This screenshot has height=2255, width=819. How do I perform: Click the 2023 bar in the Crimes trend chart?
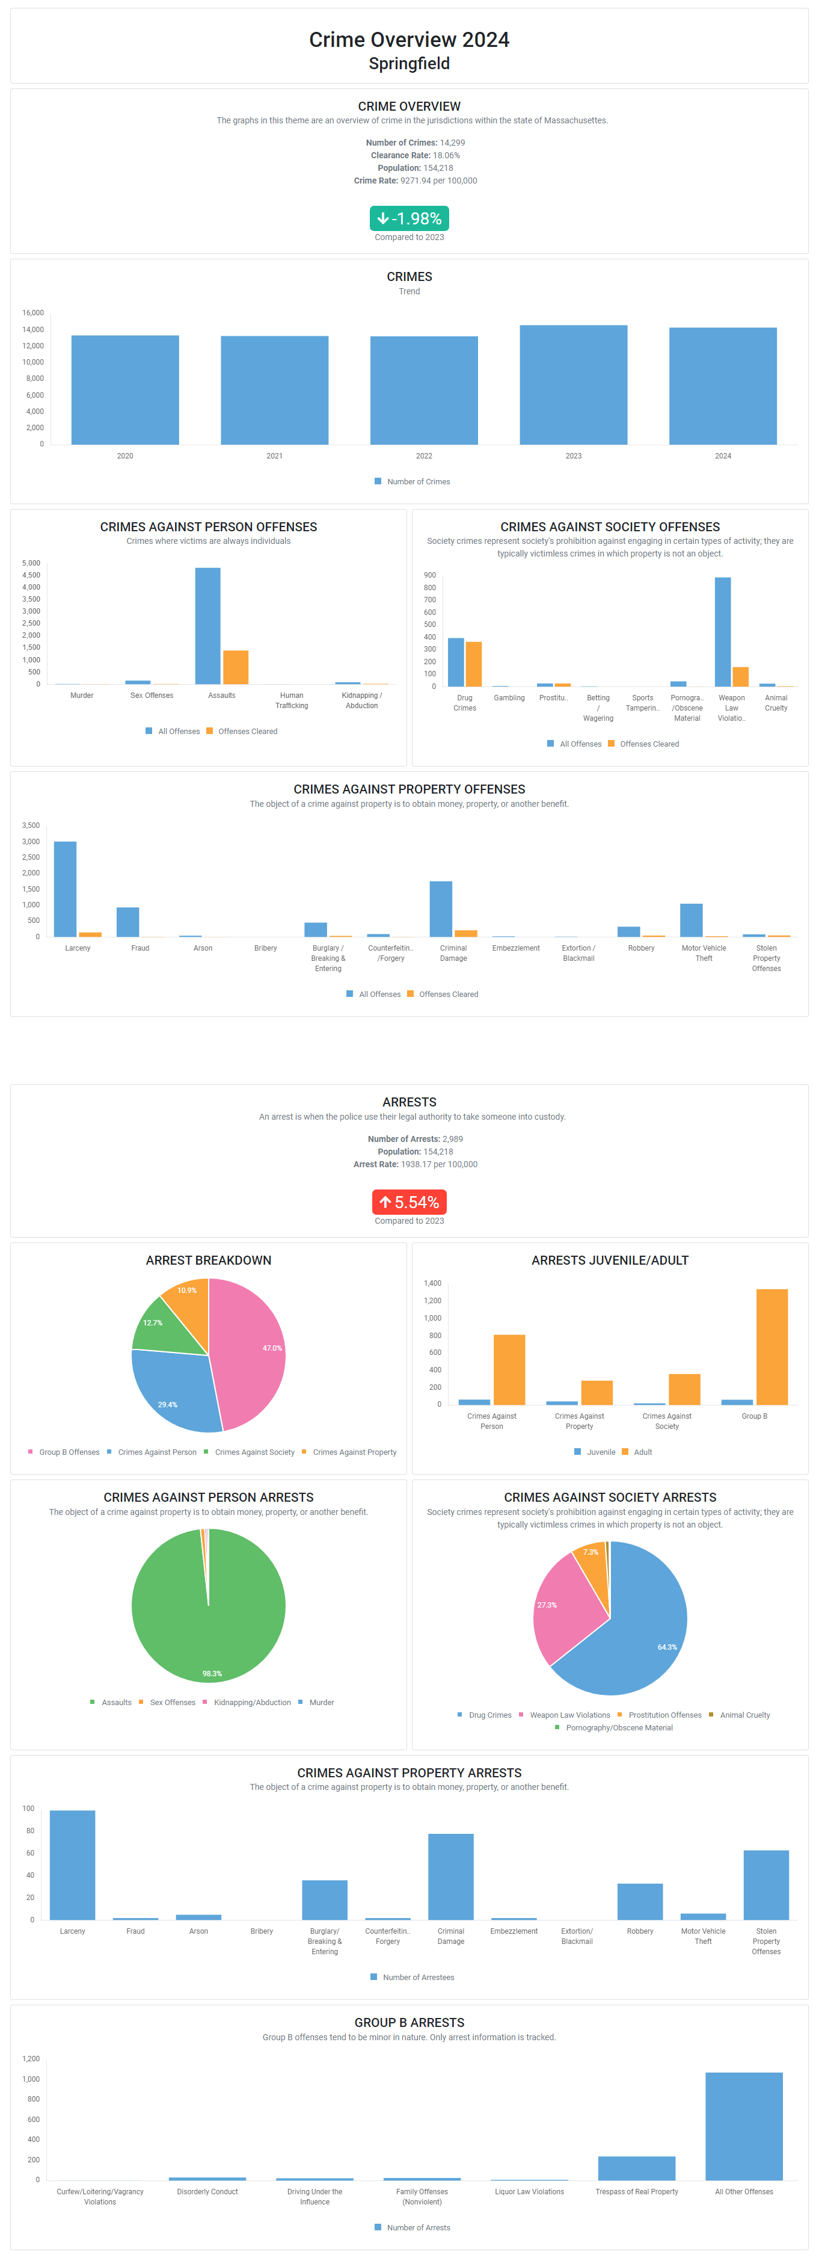click(573, 385)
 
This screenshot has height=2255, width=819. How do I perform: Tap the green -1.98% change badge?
click(409, 218)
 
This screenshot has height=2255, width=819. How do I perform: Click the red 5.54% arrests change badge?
click(409, 1202)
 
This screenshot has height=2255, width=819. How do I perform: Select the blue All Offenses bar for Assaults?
click(207, 626)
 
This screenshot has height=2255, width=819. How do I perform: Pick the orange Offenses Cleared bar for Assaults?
click(235, 667)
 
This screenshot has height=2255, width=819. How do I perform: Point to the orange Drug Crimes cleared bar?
click(473, 664)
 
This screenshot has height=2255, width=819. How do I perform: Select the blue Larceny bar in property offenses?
click(65, 889)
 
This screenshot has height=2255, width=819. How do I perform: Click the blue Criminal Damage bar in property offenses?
click(440, 908)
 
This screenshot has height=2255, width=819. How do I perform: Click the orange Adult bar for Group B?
click(771, 1347)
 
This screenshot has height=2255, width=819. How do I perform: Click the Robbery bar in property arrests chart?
click(640, 1901)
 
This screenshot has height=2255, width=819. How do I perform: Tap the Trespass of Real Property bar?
click(636, 2168)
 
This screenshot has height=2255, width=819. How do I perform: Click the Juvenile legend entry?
click(594, 1452)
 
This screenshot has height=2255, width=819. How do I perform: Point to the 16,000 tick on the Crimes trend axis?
click(33, 312)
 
